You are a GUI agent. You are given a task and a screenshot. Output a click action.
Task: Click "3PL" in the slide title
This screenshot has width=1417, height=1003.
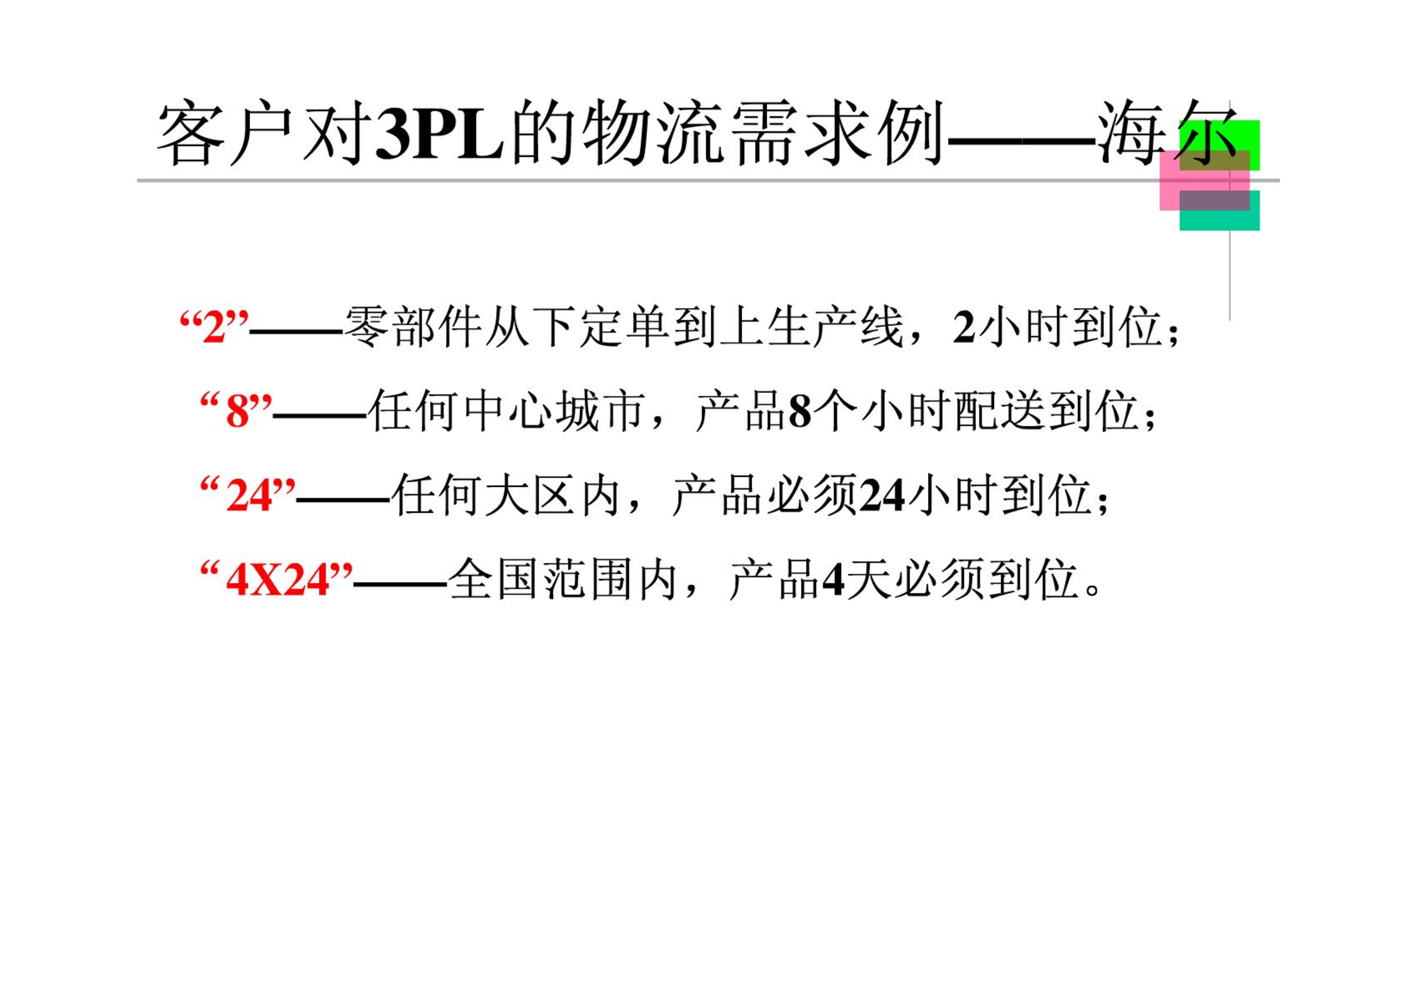(439, 133)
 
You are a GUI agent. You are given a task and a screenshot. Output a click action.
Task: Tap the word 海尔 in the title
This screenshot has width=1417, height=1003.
(1167, 133)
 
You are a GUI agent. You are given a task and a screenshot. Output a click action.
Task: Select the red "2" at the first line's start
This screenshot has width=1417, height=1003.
(214, 327)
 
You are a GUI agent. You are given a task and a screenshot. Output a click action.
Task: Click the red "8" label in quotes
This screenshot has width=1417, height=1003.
(237, 412)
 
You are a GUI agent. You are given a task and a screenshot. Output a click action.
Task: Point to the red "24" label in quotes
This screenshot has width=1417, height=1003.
(249, 495)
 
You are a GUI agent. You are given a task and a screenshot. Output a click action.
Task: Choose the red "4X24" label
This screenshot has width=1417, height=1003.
(277, 580)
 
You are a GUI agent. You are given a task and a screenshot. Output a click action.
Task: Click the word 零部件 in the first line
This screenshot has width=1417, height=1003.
(413, 327)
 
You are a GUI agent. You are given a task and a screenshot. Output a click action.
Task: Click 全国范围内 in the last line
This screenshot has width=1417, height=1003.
(563, 580)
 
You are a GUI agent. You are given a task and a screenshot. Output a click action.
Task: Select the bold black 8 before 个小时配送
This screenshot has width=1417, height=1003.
(800, 412)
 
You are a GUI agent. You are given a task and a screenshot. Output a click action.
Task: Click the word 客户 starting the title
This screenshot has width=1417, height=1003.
(225, 133)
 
